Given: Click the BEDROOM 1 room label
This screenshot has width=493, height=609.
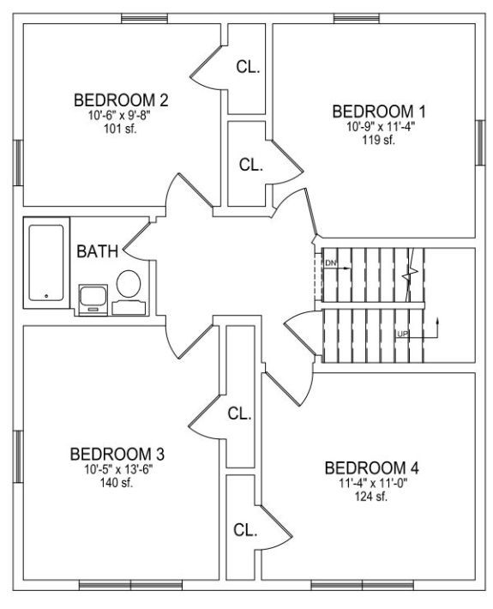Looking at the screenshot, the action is point(379,112).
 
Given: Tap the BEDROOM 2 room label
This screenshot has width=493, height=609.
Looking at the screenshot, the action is point(121,100).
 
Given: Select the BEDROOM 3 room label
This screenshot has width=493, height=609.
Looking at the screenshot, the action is point(117,454).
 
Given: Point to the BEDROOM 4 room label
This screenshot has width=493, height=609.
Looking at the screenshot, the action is point(371,468).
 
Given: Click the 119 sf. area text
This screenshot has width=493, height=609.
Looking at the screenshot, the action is point(378,140).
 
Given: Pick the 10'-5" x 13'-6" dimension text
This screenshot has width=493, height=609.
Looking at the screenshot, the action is point(118,469).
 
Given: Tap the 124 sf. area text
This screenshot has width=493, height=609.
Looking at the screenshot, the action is point(371,497).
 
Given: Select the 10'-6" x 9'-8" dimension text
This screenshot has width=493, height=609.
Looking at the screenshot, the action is point(119,115).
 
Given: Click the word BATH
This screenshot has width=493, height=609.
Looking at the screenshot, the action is point(97,251).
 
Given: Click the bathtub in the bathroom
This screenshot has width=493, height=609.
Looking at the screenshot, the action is point(46,263).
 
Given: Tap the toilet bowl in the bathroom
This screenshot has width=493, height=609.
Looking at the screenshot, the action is point(129,284).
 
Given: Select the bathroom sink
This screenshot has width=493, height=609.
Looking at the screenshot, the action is point(93,300).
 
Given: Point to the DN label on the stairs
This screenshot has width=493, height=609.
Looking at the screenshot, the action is point(330,263).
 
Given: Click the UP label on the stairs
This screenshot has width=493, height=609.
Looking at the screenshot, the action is point(403,334).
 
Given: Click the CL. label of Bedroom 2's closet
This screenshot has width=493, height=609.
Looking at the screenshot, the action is point(248,67).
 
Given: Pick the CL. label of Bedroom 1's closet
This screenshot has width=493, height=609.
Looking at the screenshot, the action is point(250,165).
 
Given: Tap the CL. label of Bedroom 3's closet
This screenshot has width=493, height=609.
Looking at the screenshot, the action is point(239,413).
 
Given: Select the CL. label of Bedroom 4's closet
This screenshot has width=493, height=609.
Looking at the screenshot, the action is point(245,530).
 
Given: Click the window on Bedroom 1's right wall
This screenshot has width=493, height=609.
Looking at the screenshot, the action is point(481,142).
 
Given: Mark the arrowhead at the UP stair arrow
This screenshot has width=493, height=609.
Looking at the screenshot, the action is point(438,321).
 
